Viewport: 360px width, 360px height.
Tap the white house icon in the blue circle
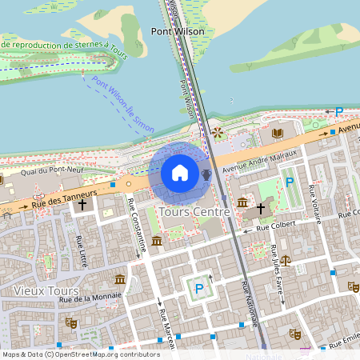180,173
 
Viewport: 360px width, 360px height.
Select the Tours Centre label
194,212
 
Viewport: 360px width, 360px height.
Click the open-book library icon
278,133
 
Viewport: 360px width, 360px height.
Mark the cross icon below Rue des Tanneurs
82,205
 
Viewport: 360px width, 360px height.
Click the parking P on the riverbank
338,113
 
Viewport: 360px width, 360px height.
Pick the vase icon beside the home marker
206,174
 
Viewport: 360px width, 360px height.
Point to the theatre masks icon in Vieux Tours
70,322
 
